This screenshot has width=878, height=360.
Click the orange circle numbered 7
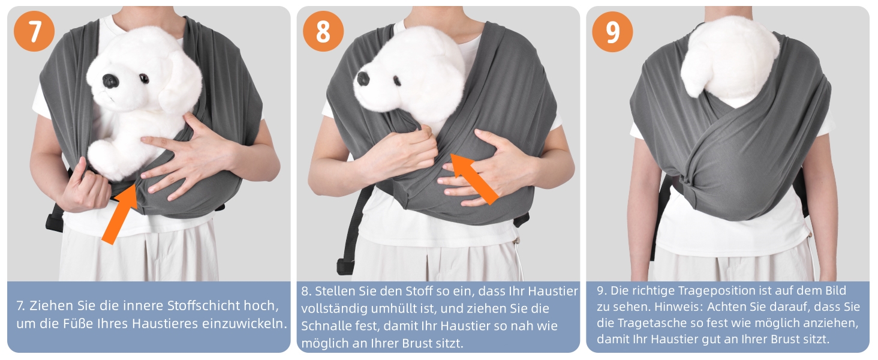[34, 31]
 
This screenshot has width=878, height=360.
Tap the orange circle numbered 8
[323, 31]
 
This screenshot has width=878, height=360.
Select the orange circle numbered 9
[613, 31]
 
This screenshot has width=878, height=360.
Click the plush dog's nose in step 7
[110, 80]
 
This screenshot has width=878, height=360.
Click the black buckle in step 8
[344, 266]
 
